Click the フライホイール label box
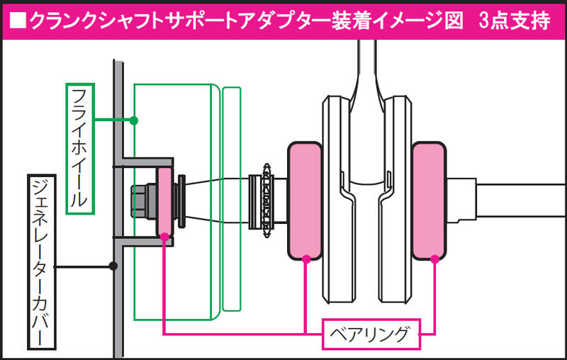pos(80,149)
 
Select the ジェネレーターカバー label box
pos(42,262)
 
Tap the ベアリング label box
pos(371,334)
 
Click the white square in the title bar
pos(18,21)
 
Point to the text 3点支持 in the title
pos(515,21)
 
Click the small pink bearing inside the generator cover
pos(164,202)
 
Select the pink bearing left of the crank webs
pos(305,201)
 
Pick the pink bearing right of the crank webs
pos(429,201)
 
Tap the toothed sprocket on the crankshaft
pos(267,201)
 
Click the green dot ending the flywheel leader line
pos(134,120)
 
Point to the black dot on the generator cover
pos(113,266)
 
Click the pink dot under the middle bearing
pos(306,259)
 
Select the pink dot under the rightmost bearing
pos(434,259)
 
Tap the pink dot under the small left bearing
pos(164,237)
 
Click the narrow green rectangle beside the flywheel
pos(232,199)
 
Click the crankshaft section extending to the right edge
pos(521,201)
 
